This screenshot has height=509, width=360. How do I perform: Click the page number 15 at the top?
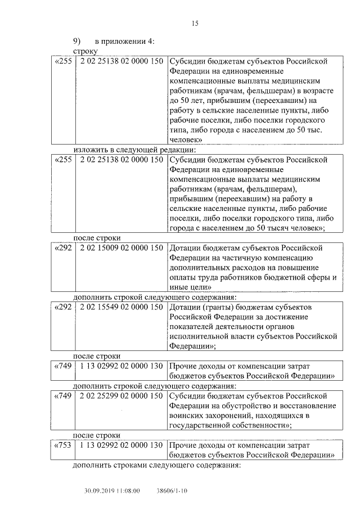(195, 23)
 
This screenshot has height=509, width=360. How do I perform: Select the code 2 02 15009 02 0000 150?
(121, 247)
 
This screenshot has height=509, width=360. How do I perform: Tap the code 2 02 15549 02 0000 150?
(121, 307)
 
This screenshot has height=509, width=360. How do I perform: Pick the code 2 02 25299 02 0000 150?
(121, 397)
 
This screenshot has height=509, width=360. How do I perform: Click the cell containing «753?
(62, 445)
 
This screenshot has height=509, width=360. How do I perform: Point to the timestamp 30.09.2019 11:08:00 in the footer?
(112, 490)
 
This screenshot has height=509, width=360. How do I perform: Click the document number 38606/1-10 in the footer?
(172, 490)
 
